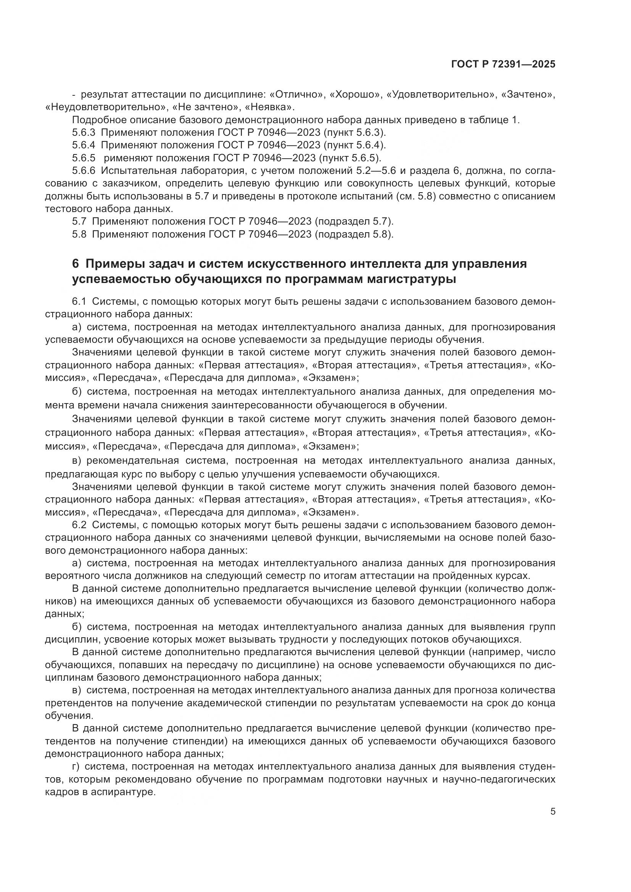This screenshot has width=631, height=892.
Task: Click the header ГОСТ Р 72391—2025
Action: coord(503,64)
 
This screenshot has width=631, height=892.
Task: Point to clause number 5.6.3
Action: coord(84,132)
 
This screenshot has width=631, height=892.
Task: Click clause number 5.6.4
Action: coord(84,145)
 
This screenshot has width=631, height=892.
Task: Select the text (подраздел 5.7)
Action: coord(354,222)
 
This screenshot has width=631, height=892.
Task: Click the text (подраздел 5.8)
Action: coord(354,234)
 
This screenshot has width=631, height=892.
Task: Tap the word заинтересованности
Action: coord(261,405)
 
